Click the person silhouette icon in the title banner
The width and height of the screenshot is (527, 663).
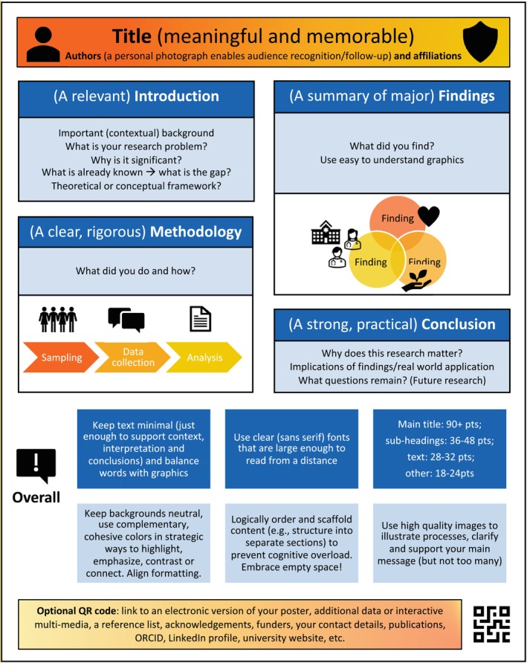(43, 44)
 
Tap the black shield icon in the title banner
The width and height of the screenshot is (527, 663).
(480, 42)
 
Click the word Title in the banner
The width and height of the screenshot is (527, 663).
(132, 36)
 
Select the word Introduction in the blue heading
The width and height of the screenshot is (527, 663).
(177, 96)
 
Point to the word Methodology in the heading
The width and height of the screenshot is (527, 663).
(195, 232)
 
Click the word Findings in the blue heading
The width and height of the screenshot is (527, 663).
(467, 96)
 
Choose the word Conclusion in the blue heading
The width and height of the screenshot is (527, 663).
(459, 324)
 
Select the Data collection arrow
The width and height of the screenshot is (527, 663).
(132, 358)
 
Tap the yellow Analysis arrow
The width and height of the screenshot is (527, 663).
(204, 358)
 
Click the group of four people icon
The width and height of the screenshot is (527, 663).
(58, 320)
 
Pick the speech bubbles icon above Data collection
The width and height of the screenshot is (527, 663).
(126, 320)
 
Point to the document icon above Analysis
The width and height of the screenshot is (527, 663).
(201, 319)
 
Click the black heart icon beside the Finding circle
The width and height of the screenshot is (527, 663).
(429, 216)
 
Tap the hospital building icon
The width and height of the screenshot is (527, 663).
(326, 232)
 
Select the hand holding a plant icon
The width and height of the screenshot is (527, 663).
(417, 281)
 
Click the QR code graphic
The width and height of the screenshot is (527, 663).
(491, 624)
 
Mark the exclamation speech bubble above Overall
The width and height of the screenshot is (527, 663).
(36, 466)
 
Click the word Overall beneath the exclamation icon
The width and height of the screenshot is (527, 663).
(36, 497)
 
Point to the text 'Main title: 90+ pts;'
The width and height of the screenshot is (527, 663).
(439, 424)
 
